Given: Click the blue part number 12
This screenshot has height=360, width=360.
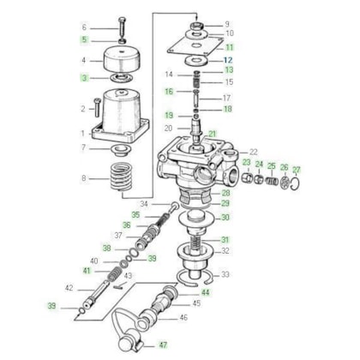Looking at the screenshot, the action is coord(228,60).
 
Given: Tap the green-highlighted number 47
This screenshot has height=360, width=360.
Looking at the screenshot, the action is coord(163,345).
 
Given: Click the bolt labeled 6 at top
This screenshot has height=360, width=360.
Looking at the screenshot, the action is coord(122,30).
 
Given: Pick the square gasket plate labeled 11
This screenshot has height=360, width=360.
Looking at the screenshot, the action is coord(195,45).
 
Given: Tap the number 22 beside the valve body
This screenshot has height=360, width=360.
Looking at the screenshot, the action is coord(254,152).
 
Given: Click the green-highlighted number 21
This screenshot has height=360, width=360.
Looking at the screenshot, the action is coord(213,134).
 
